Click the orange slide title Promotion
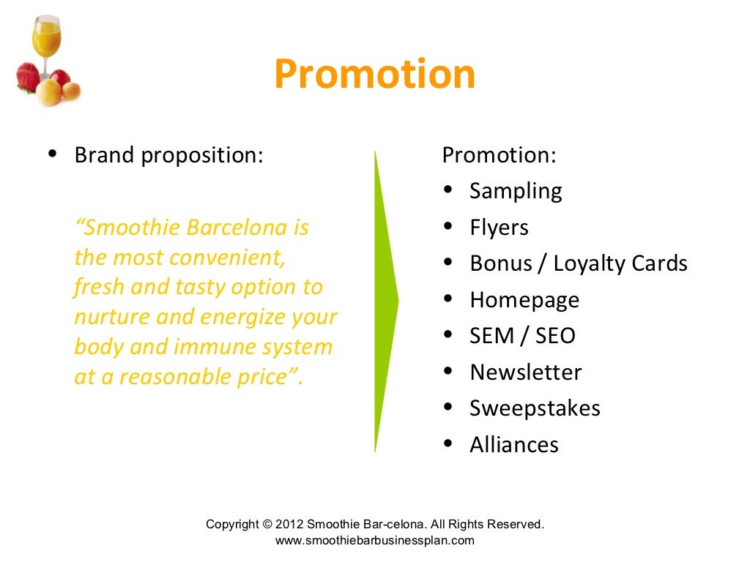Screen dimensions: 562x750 click(x=374, y=75)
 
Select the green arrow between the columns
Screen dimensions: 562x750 click(x=385, y=301)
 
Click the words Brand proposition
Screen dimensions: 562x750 click(x=168, y=155)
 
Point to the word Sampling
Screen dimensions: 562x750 click(x=516, y=191)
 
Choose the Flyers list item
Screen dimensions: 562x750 click(x=499, y=228)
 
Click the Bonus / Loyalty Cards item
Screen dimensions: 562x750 click(x=579, y=263)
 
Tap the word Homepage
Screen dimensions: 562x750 click(x=524, y=300)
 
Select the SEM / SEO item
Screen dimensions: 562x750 click(x=522, y=336)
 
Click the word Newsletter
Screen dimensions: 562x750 click(x=526, y=372)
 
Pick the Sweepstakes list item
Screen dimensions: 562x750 click(x=535, y=408)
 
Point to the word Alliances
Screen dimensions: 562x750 click(x=514, y=444)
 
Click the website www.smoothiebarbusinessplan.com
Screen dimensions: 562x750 click(x=374, y=541)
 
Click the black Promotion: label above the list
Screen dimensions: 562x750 click(x=499, y=155)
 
